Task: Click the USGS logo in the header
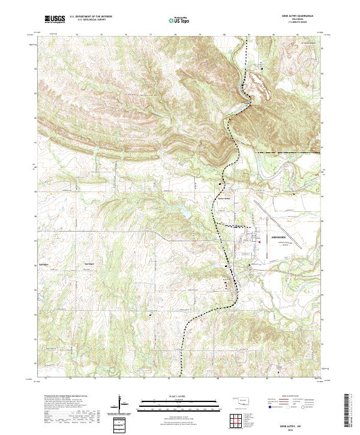point(55,19)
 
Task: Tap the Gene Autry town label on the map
point(224,198)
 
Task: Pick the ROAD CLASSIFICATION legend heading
point(291,397)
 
